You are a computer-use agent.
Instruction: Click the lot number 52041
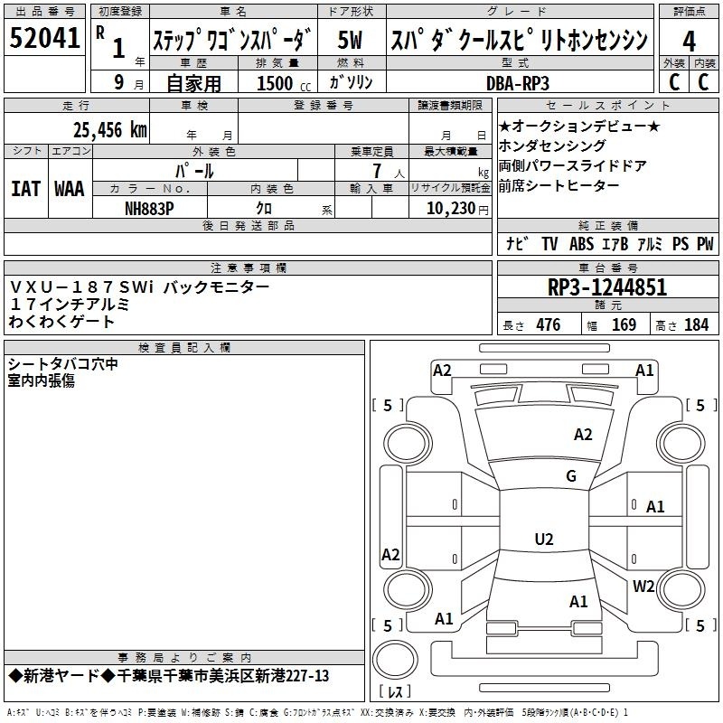click(x=44, y=38)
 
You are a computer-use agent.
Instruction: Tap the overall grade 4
click(x=689, y=42)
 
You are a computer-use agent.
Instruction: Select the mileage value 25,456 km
click(x=110, y=130)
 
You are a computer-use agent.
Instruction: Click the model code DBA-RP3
click(x=518, y=83)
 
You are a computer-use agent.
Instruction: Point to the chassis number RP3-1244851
click(x=607, y=287)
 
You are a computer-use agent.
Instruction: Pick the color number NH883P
click(x=149, y=209)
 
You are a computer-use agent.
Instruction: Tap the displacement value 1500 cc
click(x=284, y=83)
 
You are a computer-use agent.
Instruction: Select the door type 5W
click(x=350, y=40)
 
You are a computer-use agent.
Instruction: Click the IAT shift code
click(x=25, y=189)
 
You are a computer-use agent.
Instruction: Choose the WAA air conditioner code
click(x=70, y=189)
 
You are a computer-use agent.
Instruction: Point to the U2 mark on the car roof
click(x=544, y=539)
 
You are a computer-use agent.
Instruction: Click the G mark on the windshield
click(x=571, y=475)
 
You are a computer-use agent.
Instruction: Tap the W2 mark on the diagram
click(x=643, y=586)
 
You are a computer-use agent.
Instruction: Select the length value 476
click(x=549, y=325)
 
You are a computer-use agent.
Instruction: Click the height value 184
click(x=696, y=325)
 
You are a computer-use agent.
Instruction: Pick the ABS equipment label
click(x=581, y=244)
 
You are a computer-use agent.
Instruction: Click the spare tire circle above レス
click(x=395, y=659)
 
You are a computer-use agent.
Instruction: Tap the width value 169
click(x=624, y=325)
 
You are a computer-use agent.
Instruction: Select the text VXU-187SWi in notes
click(x=81, y=287)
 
